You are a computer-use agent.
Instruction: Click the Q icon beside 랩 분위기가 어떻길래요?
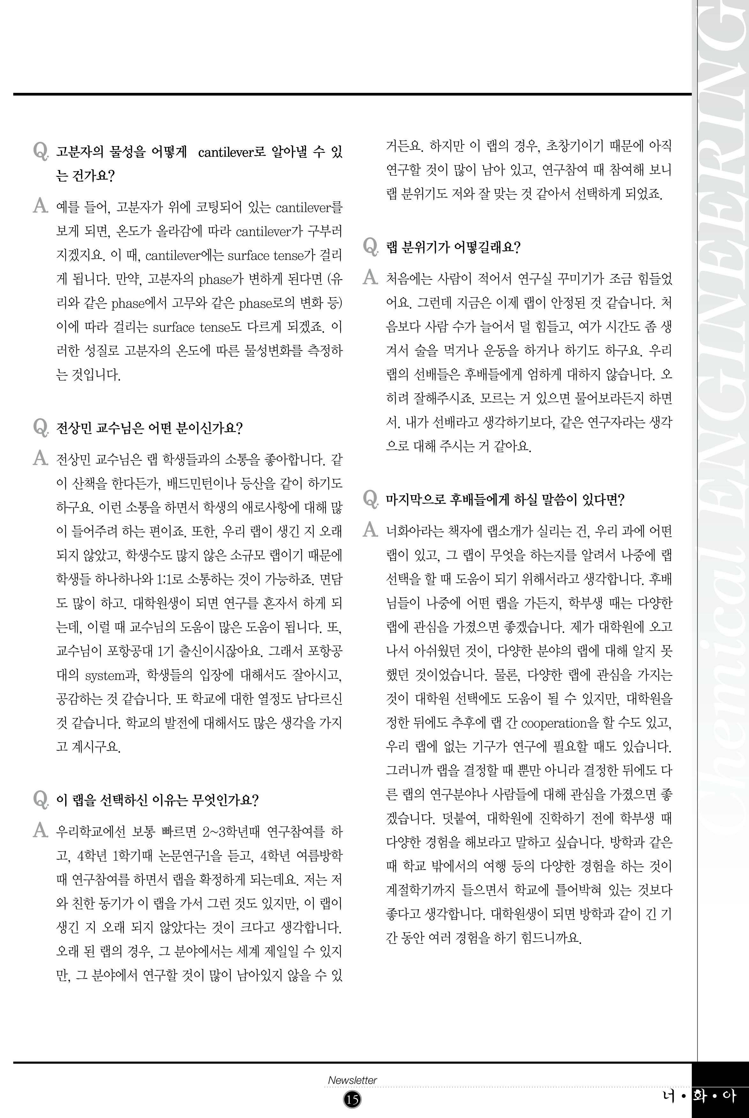(x=371, y=246)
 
